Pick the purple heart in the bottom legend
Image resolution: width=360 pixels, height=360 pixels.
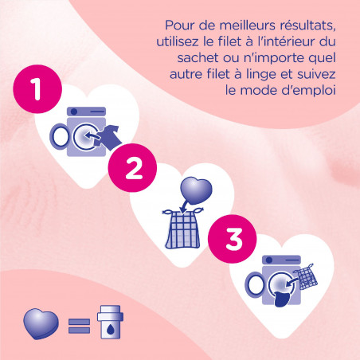(x=41, y=324)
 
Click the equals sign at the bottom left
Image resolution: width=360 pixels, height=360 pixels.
(x=78, y=325)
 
